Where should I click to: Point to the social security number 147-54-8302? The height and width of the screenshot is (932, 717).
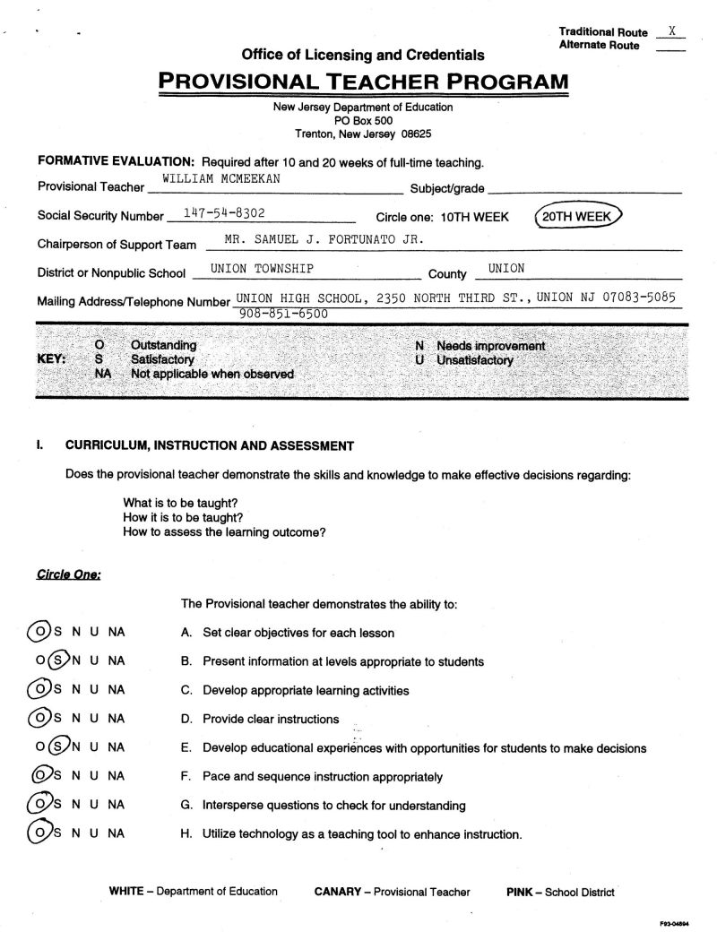pos(223,213)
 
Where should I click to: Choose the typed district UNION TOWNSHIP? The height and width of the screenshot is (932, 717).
pos(262,268)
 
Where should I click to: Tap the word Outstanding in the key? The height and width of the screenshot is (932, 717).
pos(164,345)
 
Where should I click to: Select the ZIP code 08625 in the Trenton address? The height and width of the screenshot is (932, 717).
pos(416,133)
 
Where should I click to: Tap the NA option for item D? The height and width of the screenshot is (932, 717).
pos(117,719)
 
